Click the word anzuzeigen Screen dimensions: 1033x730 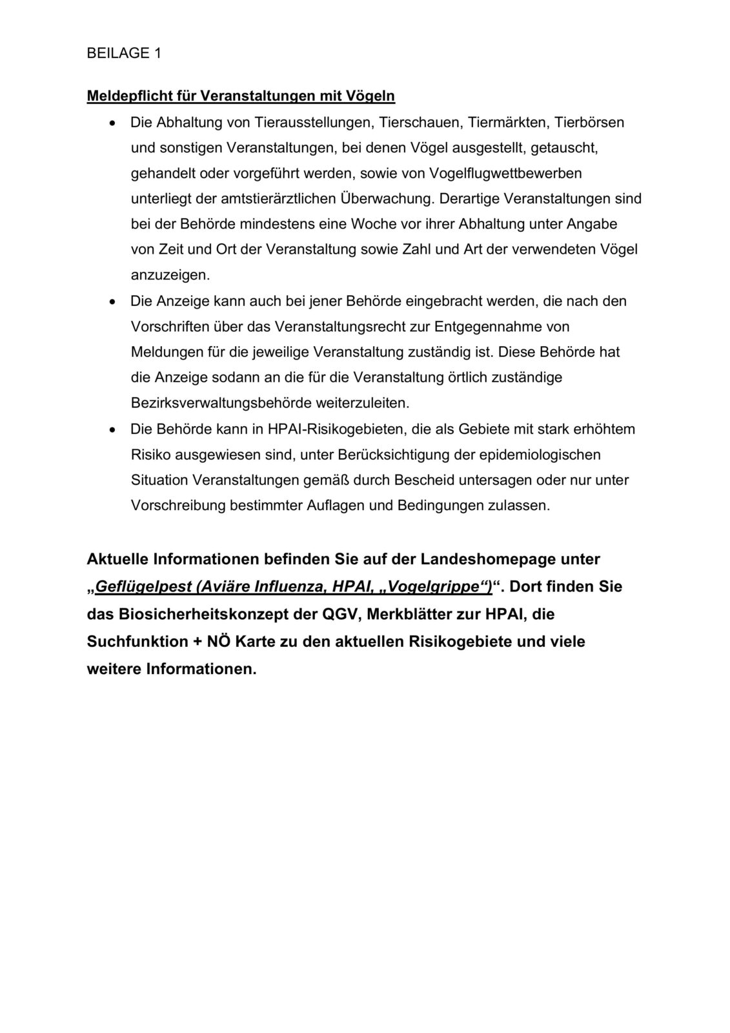pos(161,275)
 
